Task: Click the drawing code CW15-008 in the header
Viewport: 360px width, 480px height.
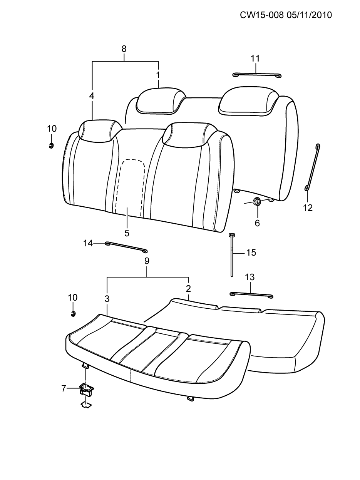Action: click(x=262, y=15)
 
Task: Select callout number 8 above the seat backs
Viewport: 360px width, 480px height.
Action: click(x=124, y=49)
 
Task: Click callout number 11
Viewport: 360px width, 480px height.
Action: click(x=255, y=59)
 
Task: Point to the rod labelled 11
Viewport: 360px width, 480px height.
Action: click(x=257, y=75)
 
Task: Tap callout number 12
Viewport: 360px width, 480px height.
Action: click(x=308, y=208)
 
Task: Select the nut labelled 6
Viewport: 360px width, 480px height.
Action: click(x=256, y=201)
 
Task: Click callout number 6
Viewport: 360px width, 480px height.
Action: click(x=257, y=223)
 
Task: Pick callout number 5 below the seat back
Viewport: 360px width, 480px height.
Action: click(x=127, y=233)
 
